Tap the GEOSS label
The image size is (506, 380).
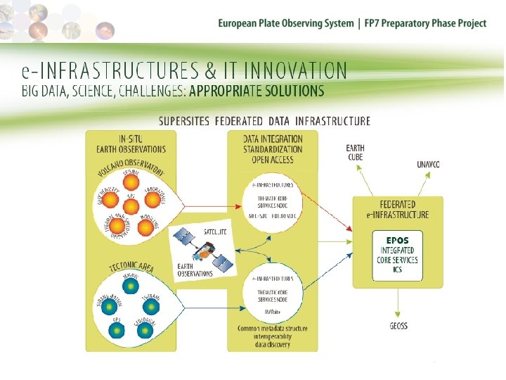coord(398,326)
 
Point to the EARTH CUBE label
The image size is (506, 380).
coord(355,152)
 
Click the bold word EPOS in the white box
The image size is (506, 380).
coord(398,240)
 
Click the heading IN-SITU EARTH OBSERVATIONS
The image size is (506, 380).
coord(132,144)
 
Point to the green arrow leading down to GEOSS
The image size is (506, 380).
coord(398,303)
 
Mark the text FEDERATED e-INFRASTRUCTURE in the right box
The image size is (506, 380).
coord(398,210)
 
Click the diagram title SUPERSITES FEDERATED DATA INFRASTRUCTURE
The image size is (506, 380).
coord(264,121)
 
